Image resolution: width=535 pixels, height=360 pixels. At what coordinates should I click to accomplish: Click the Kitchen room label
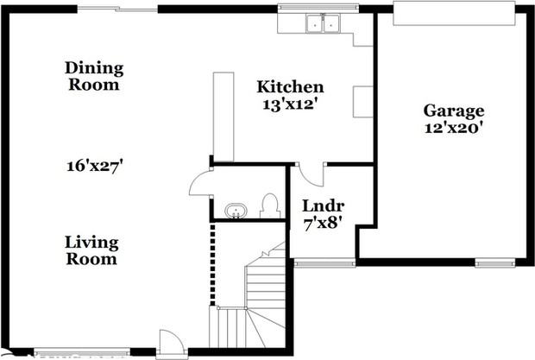pyautogui.click(x=290, y=86)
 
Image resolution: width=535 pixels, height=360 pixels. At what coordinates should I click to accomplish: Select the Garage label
pyautogui.click(x=453, y=111)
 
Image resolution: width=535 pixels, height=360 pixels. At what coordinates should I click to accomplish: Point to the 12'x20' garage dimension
pyautogui.click(x=453, y=128)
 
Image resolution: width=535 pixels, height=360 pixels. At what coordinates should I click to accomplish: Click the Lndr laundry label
pyautogui.click(x=323, y=205)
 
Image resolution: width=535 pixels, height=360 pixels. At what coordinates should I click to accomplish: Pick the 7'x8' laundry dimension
pyautogui.click(x=323, y=224)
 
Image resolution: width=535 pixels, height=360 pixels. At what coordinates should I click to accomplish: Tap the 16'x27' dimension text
pyautogui.click(x=95, y=166)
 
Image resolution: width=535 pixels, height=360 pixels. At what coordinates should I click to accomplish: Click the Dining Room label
pyautogui.click(x=94, y=76)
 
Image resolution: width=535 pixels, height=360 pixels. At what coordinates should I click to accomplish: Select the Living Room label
pyautogui.click(x=91, y=250)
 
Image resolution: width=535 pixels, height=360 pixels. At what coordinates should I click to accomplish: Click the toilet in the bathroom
pyautogui.click(x=270, y=206)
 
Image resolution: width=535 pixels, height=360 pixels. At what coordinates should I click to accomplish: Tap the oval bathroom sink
pyautogui.click(x=236, y=211)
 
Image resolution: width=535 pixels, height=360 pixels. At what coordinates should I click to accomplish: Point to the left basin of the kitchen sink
pyautogui.click(x=315, y=24)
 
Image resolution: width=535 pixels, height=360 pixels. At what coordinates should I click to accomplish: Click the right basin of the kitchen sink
pyautogui.click(x=331, y=24)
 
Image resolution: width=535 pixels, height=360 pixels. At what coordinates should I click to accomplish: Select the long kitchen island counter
pyautogui.click(x=223, y=117)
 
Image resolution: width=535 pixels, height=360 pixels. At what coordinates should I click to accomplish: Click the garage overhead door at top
pyautogui.click(x=454, y=13)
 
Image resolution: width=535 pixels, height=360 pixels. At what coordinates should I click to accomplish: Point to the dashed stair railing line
pyautogui.click(x=212, y=264)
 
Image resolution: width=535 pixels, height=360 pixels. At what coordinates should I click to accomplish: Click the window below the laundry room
pyautogui.click(x=324, y=263)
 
